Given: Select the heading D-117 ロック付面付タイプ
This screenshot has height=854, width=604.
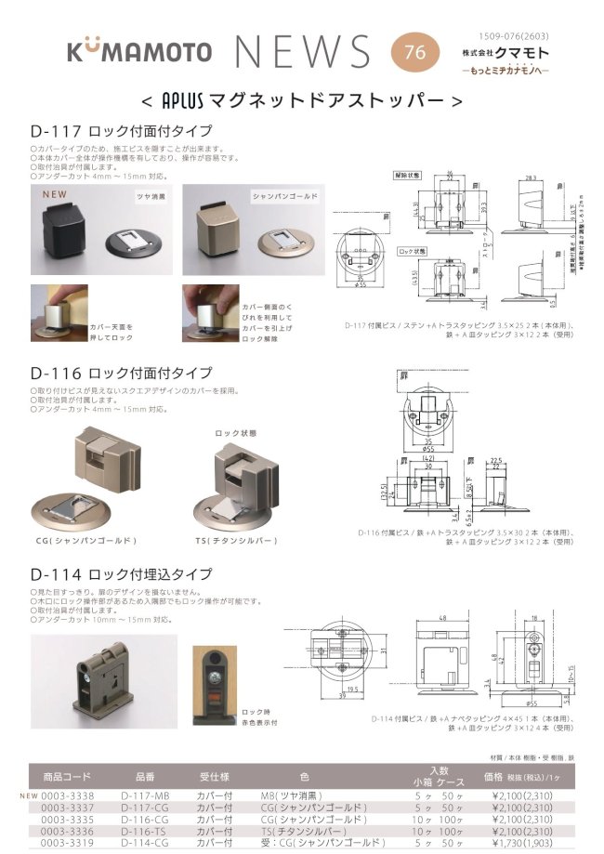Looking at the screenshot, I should point(122,131).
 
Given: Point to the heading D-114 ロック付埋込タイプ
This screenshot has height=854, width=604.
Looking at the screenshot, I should point(122,574).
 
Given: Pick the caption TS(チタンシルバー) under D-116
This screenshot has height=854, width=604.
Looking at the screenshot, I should point(240,540).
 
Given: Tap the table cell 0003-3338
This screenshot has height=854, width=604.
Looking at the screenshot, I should point(67,796).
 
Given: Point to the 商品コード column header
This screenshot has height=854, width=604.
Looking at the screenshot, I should point(67,776).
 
